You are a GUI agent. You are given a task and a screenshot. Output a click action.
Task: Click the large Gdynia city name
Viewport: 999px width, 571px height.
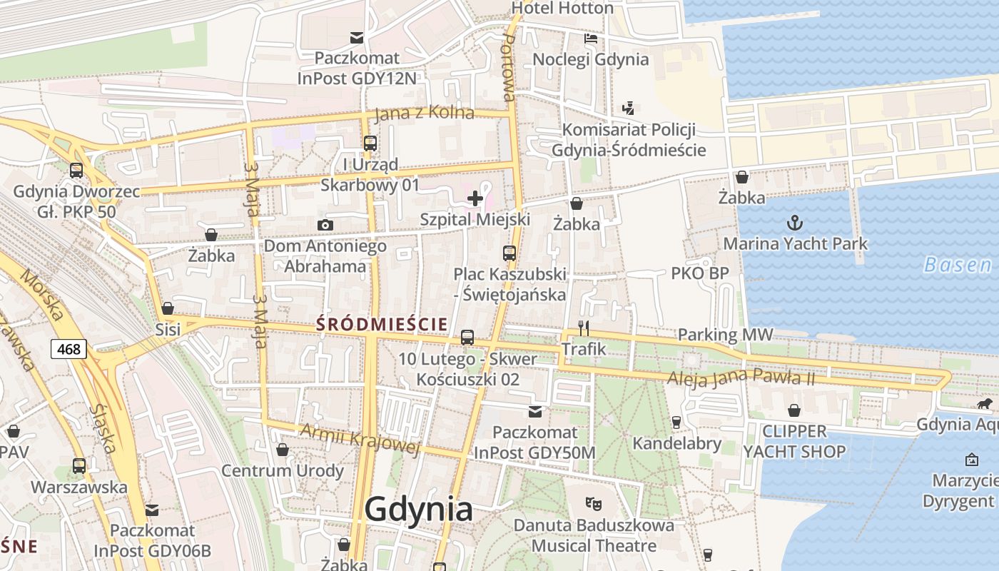(418, 510)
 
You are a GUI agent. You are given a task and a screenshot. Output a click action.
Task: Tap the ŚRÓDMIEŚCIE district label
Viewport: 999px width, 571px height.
(382, 324)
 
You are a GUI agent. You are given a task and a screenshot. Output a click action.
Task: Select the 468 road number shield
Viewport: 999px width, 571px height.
(69, 349)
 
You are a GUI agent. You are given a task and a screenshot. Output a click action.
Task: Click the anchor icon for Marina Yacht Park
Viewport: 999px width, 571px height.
(794, 223)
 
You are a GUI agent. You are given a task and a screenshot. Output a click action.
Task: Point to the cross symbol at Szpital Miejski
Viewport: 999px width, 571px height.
(475, 198)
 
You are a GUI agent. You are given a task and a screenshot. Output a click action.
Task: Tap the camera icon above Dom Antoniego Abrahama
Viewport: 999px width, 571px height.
(325, 226)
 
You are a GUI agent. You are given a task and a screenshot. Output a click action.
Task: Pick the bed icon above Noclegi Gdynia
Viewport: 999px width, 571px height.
(591, 38)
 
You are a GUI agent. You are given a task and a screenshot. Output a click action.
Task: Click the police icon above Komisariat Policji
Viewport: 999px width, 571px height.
(628, 108)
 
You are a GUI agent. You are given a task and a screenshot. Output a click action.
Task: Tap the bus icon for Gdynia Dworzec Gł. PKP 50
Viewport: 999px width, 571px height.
(76, 171)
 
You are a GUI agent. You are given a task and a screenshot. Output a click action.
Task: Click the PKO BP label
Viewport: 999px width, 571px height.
(699, 273)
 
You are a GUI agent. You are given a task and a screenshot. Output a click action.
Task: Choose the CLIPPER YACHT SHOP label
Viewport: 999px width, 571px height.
(794, 441)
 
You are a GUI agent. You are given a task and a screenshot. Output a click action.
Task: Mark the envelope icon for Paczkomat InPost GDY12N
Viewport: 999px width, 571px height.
(356, 38)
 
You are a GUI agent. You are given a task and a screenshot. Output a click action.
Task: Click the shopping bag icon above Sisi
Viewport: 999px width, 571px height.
(168, 308)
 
